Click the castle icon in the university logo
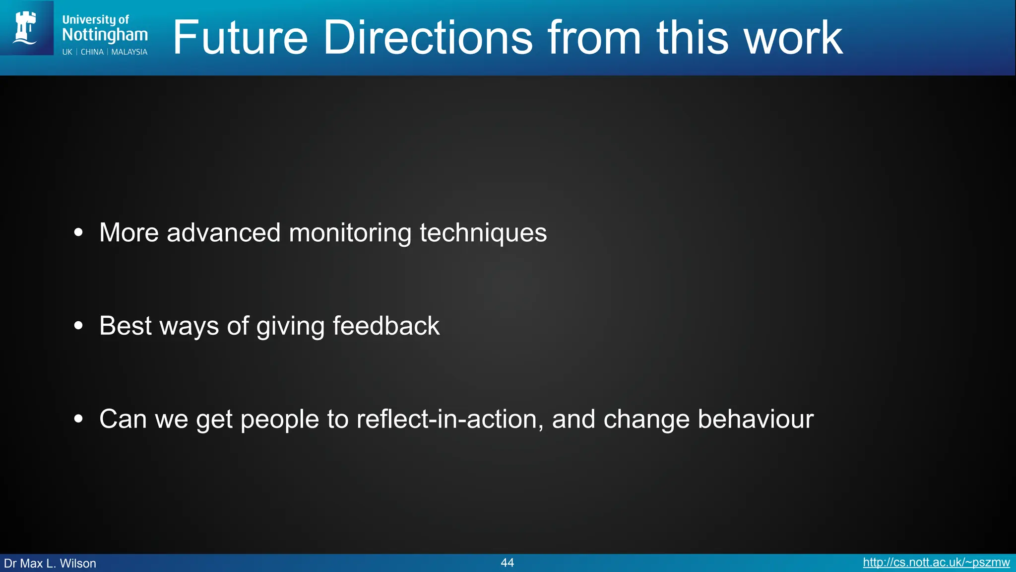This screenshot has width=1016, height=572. click(x=26, y=28)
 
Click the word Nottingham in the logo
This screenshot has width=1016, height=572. click(x=105, y=35)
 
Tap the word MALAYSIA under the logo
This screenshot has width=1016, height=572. click(x=129, y=52)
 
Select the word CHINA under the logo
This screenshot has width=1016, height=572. click(x=92, y=52)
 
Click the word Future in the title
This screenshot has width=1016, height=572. click(x=240, y=38)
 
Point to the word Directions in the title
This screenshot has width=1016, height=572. click(x=428, y=38)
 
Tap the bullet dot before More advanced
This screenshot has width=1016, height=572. click(x=78, y=232)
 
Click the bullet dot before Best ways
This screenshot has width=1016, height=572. click(x=78, y=326)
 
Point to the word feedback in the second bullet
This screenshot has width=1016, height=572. click(x=386, y=326)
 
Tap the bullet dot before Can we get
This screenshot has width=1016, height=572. click(x=78, y=419)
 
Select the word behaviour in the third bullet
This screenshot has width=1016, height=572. click(x=756, y=419)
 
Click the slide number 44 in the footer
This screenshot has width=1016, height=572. click(x=507, y=563)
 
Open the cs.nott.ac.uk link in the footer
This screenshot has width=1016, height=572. click(x=936, y=563)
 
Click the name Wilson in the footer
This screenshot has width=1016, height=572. click(x=78, y=564)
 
